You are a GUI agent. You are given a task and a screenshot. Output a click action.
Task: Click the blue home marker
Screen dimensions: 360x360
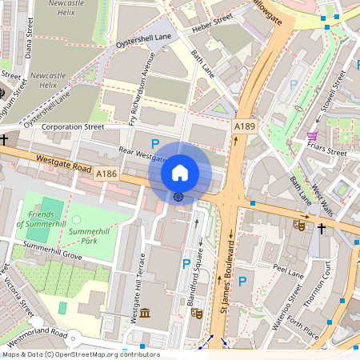coord(180,172)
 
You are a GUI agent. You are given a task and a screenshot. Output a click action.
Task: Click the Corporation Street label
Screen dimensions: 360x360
coord(73,126)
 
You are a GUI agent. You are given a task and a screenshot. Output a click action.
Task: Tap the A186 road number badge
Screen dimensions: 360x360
coord(107,174)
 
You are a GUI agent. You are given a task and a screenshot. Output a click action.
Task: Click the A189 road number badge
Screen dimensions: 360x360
coord(245,127)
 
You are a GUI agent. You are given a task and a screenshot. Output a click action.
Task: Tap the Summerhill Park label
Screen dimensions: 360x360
coord(89,235)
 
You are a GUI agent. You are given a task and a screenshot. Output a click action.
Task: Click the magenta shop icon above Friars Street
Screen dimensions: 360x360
coord(311,135)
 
